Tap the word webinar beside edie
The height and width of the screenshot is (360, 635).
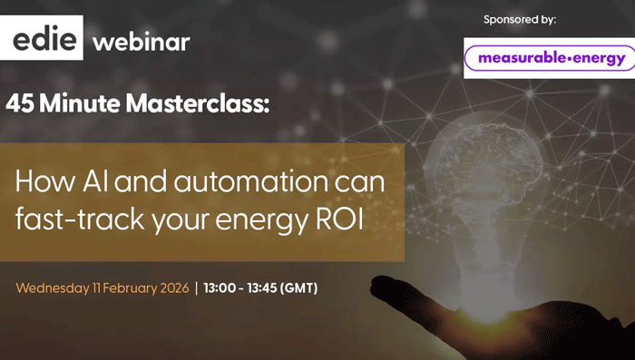[142, 42]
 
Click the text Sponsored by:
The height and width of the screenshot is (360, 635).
[520, 18]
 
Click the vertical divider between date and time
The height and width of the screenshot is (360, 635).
[196, 288]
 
